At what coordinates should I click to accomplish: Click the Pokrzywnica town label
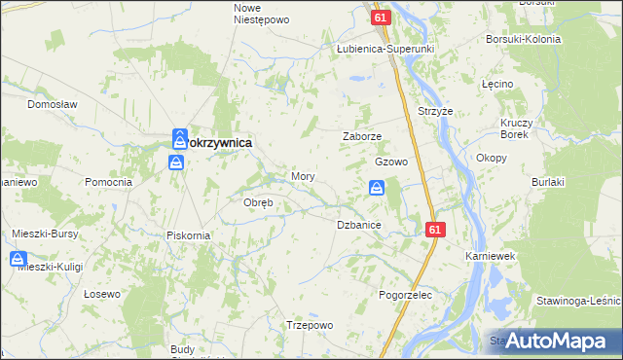(x=218, y=142)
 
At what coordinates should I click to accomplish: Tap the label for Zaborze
(x=361, y=137)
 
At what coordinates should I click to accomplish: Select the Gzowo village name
(x=390, y=162)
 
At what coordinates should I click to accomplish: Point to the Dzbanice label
(x=358, y=225)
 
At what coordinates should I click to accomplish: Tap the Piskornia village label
(x=188, y=234)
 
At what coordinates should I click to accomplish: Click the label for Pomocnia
(x=108, y=182)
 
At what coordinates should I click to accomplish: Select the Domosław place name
(x=52, y=103)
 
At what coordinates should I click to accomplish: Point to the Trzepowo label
(x=311, y=325)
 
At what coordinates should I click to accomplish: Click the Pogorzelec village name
(x=406, y=294)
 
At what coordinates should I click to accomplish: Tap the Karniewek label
(x=488, y=255)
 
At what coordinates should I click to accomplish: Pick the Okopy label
(x=491, y=157)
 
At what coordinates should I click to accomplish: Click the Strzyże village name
(x=436, y=111)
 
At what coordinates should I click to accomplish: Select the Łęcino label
(x=496, y=85)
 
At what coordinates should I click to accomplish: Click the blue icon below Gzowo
(x=377, y=189)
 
